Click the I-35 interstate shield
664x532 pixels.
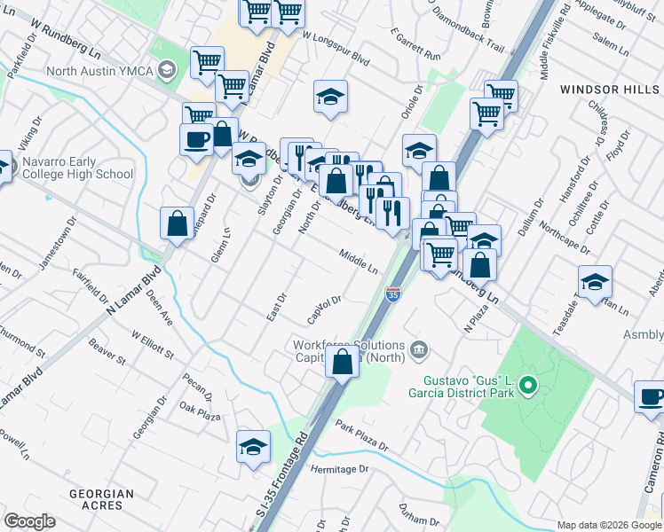(x=393, y=293)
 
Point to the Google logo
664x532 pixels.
(x=30, y=521)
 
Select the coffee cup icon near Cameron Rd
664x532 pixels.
(x=651, y=397)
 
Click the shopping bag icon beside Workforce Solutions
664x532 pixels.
(x=342, y=362)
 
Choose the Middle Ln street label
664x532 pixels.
(x=358, y=261)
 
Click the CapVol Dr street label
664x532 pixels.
(x=324, y=309)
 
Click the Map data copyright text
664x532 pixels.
(x=609, y=525)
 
